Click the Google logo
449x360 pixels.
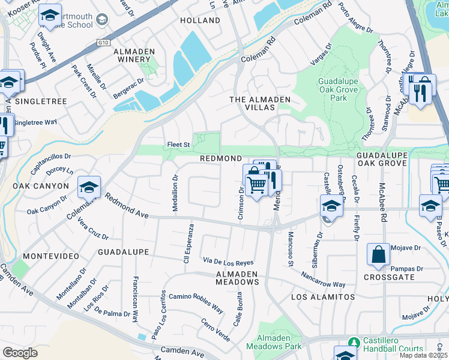click(x=20, y=353)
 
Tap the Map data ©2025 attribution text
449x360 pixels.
click(x=424, y=355)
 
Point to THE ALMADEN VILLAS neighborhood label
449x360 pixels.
click(x=260, y=103)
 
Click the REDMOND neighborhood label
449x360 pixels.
click(x=220, y=157)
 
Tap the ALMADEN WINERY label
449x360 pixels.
click(x=133, y=55)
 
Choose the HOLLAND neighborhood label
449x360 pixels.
click(x=200, y=20)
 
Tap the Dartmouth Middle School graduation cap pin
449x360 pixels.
click(x=50, y=14)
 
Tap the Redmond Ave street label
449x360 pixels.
click(x=127, y=205)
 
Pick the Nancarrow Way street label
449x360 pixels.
click(x=324, y=280)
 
